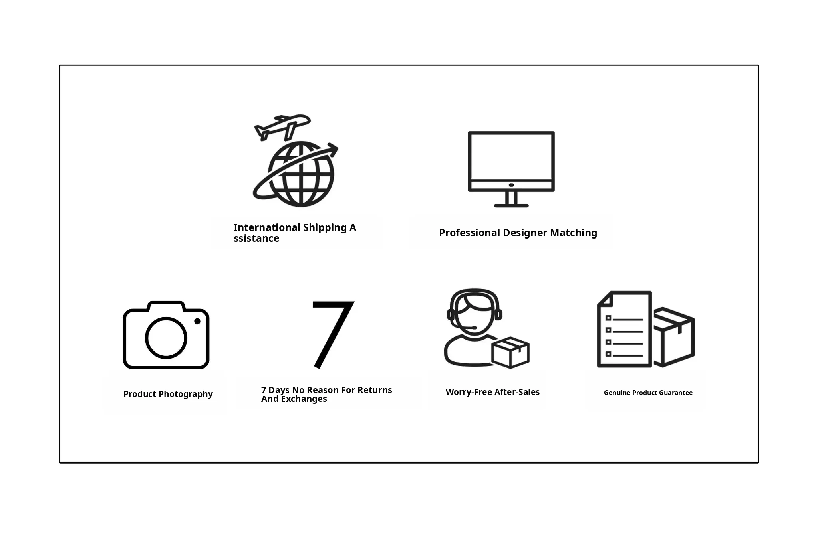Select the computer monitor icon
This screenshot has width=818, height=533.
point(511,169)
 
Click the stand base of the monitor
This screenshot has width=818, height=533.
point(511,206)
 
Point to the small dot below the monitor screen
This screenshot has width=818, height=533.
point(511,185)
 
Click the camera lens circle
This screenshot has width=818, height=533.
point(166,338)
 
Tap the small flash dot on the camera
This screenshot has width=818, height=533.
point(197,321)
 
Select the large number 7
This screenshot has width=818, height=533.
point(333,334)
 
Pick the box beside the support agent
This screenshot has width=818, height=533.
point(510,352)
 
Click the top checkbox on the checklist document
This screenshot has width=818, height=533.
point(608,318)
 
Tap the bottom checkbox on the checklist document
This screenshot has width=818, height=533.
point(608,354)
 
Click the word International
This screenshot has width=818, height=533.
point(267,228)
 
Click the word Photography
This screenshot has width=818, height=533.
point(185,394)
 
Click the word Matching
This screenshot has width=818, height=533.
point(574,233)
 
